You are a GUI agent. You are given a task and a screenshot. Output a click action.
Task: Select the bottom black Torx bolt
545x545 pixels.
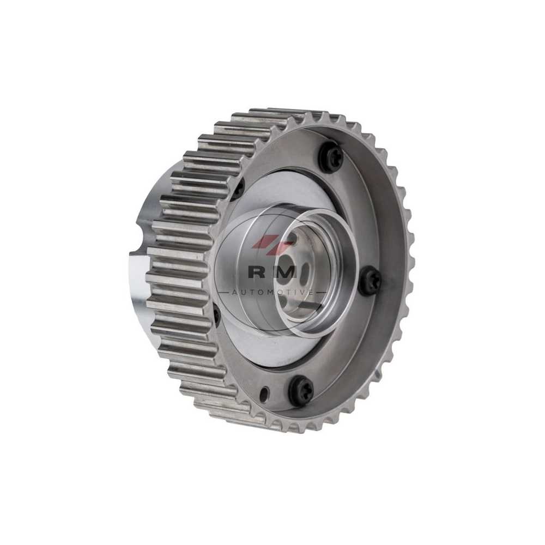(301, 391)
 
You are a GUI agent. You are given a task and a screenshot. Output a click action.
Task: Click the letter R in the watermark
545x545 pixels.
(256, 272)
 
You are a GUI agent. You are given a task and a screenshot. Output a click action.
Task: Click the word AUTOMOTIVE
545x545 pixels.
(272, 292)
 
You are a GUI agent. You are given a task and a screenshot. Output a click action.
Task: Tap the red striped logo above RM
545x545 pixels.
(272, 243)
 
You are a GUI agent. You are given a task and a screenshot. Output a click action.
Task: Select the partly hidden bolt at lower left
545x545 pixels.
(216, 314)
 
